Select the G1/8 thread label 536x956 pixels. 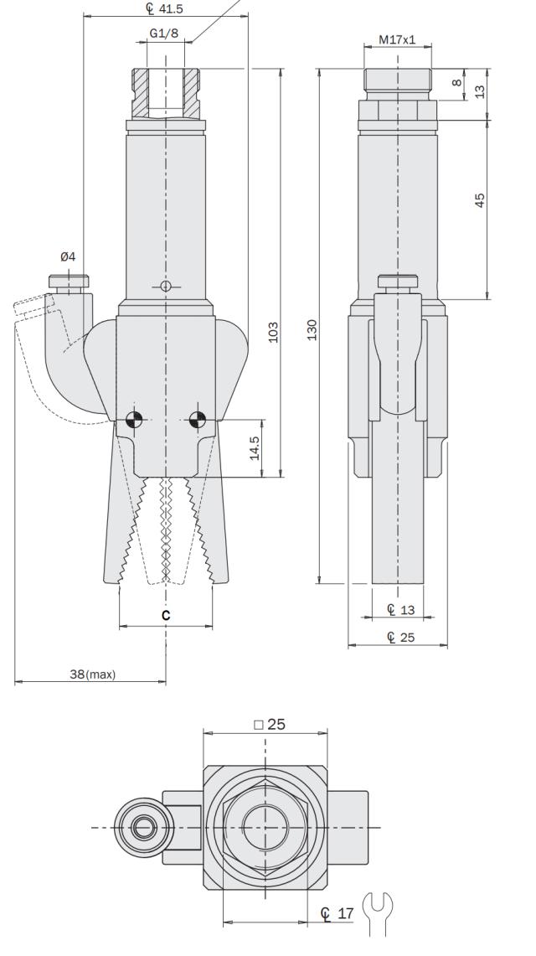click(x=164, y=34)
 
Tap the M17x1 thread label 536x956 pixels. click(x=397, y=39)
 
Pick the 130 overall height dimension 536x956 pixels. click(x=312, y=326)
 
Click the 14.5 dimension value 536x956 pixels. click(x=255, y=448)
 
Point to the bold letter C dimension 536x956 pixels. click(x=166, y=615)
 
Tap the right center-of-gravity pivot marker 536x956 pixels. click(x=198, y=420)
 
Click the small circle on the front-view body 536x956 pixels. click(x=166, y=287)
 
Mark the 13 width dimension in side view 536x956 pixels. click(x=401, y=609)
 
